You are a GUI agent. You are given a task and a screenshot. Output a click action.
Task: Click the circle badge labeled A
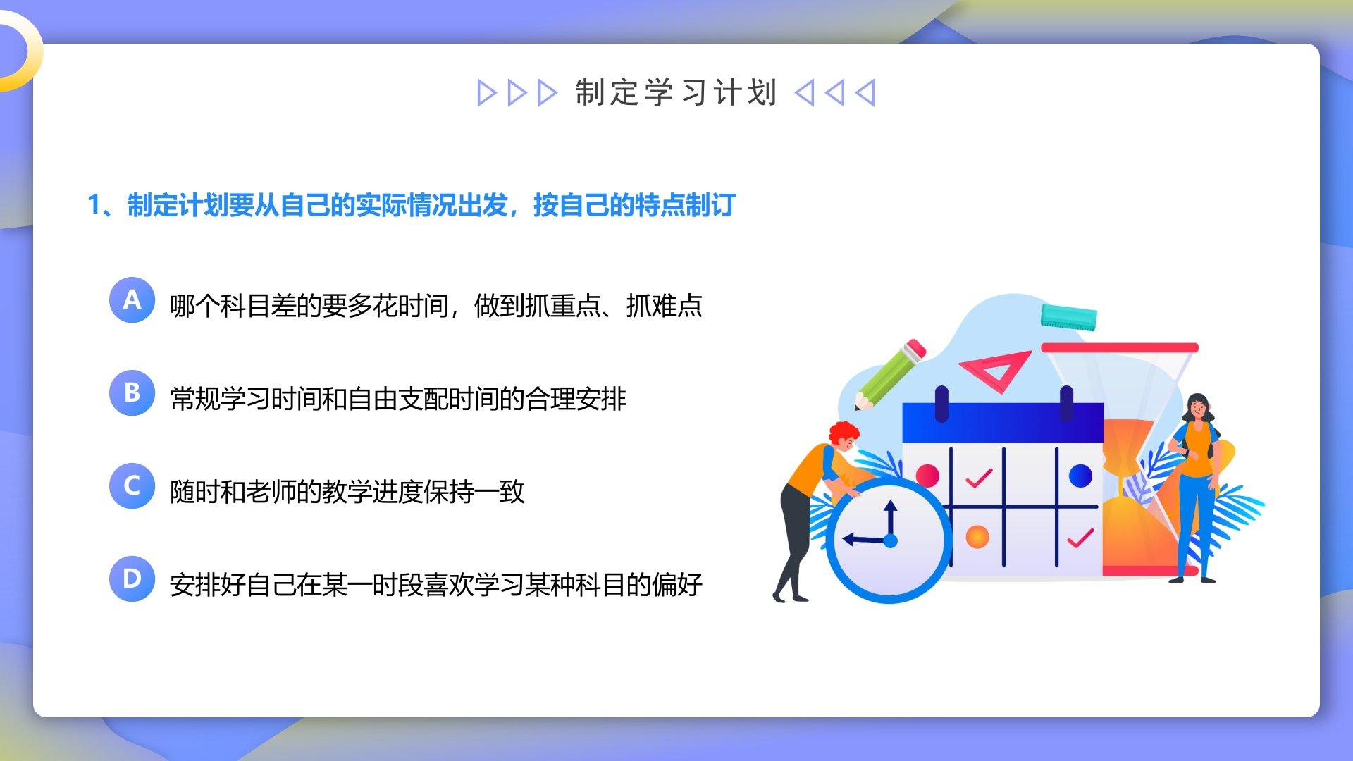point(132,300)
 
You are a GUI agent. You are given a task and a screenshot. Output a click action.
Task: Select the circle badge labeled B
point(132,393)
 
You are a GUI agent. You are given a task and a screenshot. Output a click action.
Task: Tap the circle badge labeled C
point(132,486)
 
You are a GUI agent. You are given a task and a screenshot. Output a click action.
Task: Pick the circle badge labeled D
point(132,579)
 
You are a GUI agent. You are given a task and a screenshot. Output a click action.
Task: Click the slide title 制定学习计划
point(676,93)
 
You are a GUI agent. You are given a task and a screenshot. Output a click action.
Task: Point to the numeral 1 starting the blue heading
point(94,205)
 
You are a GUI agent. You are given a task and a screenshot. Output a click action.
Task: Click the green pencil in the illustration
point(890,374)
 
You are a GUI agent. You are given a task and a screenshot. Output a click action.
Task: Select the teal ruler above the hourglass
point(1069,317)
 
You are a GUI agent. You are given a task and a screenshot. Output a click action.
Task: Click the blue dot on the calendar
point(1080,476)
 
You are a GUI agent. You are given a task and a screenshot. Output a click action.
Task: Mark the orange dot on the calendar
point(977,537)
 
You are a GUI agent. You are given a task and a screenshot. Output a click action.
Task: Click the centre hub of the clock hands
point(890,541)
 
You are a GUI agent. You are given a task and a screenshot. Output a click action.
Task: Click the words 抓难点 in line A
point(665,306)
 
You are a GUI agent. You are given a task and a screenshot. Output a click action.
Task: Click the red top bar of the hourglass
point(1120,347)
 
